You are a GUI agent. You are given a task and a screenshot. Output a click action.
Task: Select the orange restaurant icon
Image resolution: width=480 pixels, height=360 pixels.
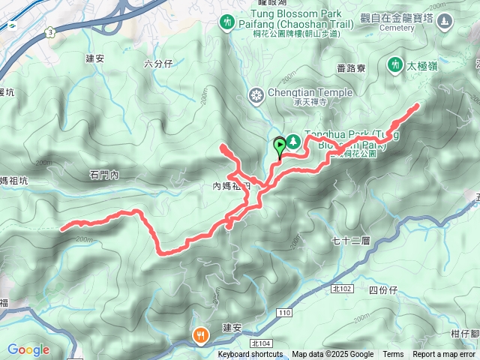200,335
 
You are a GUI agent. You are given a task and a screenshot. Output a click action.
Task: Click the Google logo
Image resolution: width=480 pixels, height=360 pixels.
28,349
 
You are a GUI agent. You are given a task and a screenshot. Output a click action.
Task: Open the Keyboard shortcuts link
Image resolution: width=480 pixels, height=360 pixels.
250,355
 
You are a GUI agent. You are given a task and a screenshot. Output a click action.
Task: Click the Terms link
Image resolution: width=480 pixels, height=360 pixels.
393,355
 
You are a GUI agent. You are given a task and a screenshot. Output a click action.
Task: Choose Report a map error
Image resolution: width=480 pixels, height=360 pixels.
444,355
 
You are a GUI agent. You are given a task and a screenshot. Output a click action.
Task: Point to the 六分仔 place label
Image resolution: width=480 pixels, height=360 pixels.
158,64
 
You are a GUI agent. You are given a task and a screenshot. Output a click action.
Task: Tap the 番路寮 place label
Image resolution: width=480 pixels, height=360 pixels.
351,68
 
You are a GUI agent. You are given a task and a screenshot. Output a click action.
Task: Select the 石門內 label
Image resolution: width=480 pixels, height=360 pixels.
104,175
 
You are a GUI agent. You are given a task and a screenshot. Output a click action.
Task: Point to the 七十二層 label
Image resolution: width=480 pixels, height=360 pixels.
351,241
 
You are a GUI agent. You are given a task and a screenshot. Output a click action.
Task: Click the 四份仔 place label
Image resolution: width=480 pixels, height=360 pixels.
383,289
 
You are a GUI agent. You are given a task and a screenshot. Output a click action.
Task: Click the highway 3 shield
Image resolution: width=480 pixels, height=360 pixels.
49,32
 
